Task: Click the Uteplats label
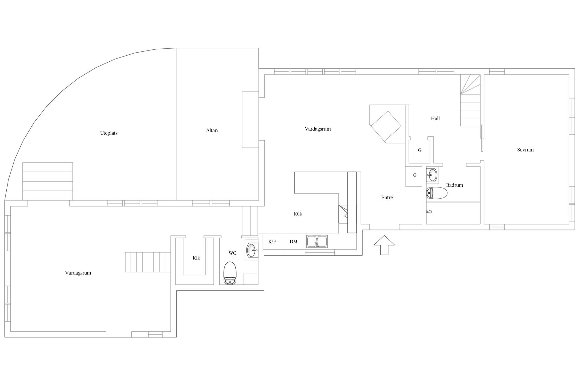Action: [x=109, y=133]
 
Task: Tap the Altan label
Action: [x=212, y=131]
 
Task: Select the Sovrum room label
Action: [x=525, y=150]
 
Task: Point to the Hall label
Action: [x=435, y=119]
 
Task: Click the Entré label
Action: [x=387, y=197]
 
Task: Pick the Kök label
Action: [x=298, y=214]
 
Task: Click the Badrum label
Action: [x=454, y=185]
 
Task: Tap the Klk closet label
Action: [x=196, y=258]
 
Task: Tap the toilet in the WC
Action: [x=230, y=273]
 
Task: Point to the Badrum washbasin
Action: [x=432, y=174]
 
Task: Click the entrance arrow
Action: [x=384, y=245]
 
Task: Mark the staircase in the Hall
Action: [x=470, y=100]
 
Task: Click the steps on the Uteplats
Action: [x=48, y=181]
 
